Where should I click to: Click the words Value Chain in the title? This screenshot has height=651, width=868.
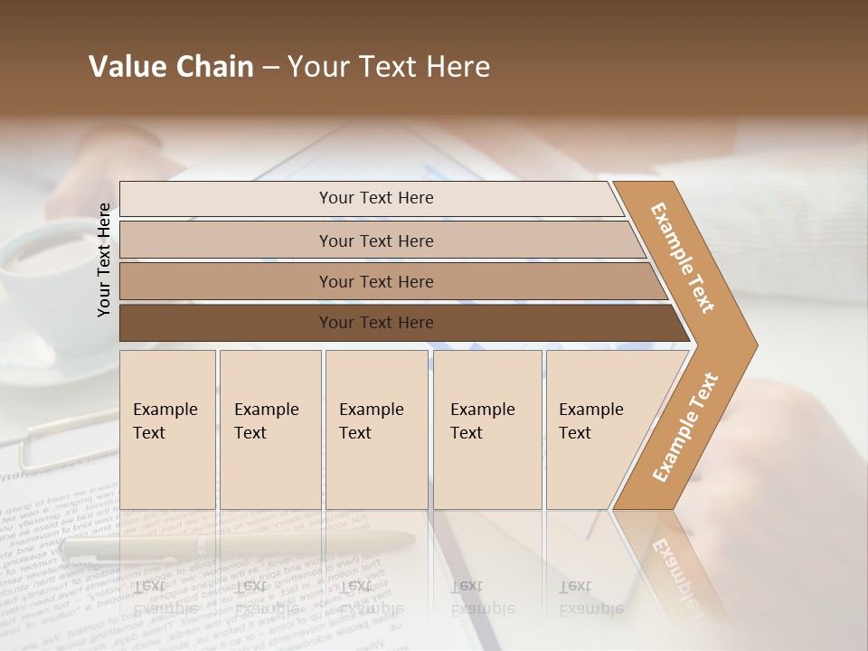tap(171, 67)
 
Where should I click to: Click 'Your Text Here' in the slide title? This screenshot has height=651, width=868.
tap(389, 67)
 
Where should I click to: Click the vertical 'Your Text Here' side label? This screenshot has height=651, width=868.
tap(104, 259)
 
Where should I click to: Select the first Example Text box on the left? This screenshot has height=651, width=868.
tap(167, 429)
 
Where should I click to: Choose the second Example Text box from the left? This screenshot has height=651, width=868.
tap(270, 429)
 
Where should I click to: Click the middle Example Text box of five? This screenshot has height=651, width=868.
tap(376, 429)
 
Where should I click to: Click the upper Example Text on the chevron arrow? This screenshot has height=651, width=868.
tap(683, 258)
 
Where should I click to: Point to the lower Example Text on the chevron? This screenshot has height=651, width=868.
tap(684, 428)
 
